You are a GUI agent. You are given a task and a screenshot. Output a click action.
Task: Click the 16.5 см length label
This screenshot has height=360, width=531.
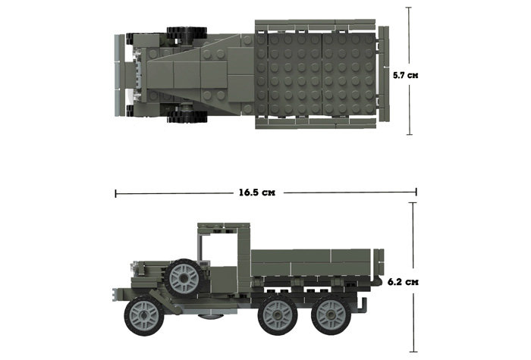pyautogui.click(x=257, y=193)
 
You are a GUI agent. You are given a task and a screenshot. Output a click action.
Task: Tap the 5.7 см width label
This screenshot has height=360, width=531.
pyautogui.click(x=405, y=75)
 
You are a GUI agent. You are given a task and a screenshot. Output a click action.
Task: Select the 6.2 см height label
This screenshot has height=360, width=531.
pyautogui.click(x=403, y=281)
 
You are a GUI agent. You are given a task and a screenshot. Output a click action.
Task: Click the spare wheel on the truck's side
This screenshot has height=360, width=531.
pyautogui.click(x=184, y=278)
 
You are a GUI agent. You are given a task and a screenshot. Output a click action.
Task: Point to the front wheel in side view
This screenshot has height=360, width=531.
pyautogui.click(x=144, y=316)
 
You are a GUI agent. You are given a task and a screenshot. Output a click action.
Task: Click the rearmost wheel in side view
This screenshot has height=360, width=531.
pyautogui.click(x=331, y=316)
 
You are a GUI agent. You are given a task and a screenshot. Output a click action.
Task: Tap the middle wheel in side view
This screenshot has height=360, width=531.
pyautogui.click(x=278, y=316)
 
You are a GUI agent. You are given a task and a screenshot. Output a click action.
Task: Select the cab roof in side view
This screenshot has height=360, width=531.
pyautogui.click(x=224, y=225)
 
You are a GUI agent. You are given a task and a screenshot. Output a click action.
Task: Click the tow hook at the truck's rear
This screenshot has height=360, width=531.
pyautogui.click(x=363, y=305)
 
